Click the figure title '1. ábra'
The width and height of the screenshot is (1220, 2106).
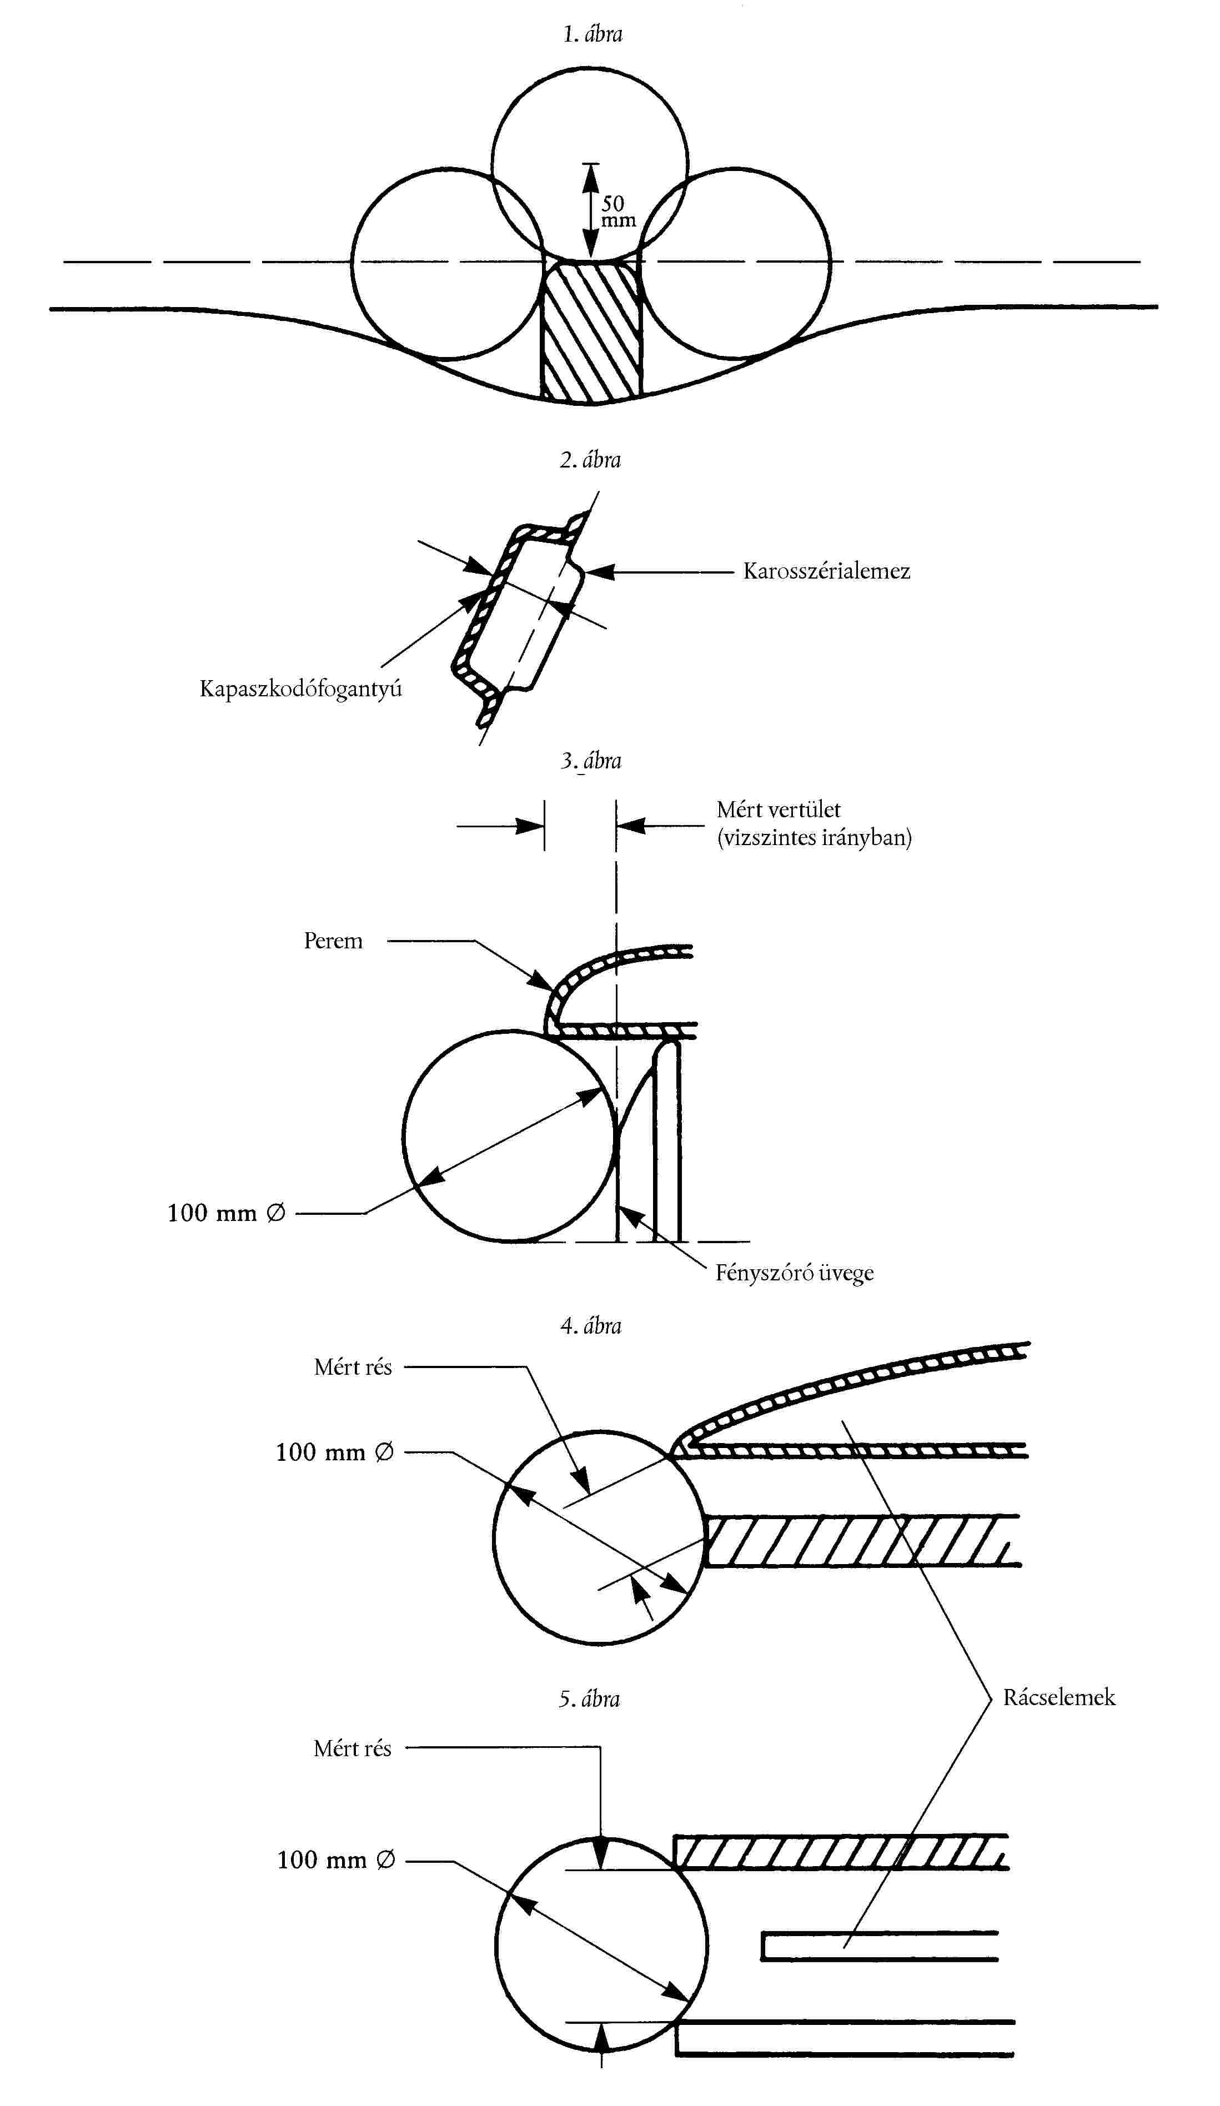point(591,34)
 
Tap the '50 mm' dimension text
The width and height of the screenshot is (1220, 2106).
point(617,212)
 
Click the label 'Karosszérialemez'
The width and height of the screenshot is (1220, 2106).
point(826,572)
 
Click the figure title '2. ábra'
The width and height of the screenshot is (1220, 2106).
point(590,460)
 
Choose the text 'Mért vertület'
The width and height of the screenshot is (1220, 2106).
point(778,810)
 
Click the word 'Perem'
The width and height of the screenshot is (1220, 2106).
point(333,941)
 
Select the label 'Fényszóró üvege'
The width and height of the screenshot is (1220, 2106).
point(794,1273)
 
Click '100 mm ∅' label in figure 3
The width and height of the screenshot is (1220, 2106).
point(225,1213)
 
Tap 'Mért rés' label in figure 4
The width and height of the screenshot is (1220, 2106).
point(353,1367)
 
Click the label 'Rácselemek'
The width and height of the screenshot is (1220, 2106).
point(1058,1697)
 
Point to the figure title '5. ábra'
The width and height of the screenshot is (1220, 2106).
point(589,1699)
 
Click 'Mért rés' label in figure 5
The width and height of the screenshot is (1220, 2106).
point(352,1748)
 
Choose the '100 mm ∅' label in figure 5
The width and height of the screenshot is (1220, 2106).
point(335,1860)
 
